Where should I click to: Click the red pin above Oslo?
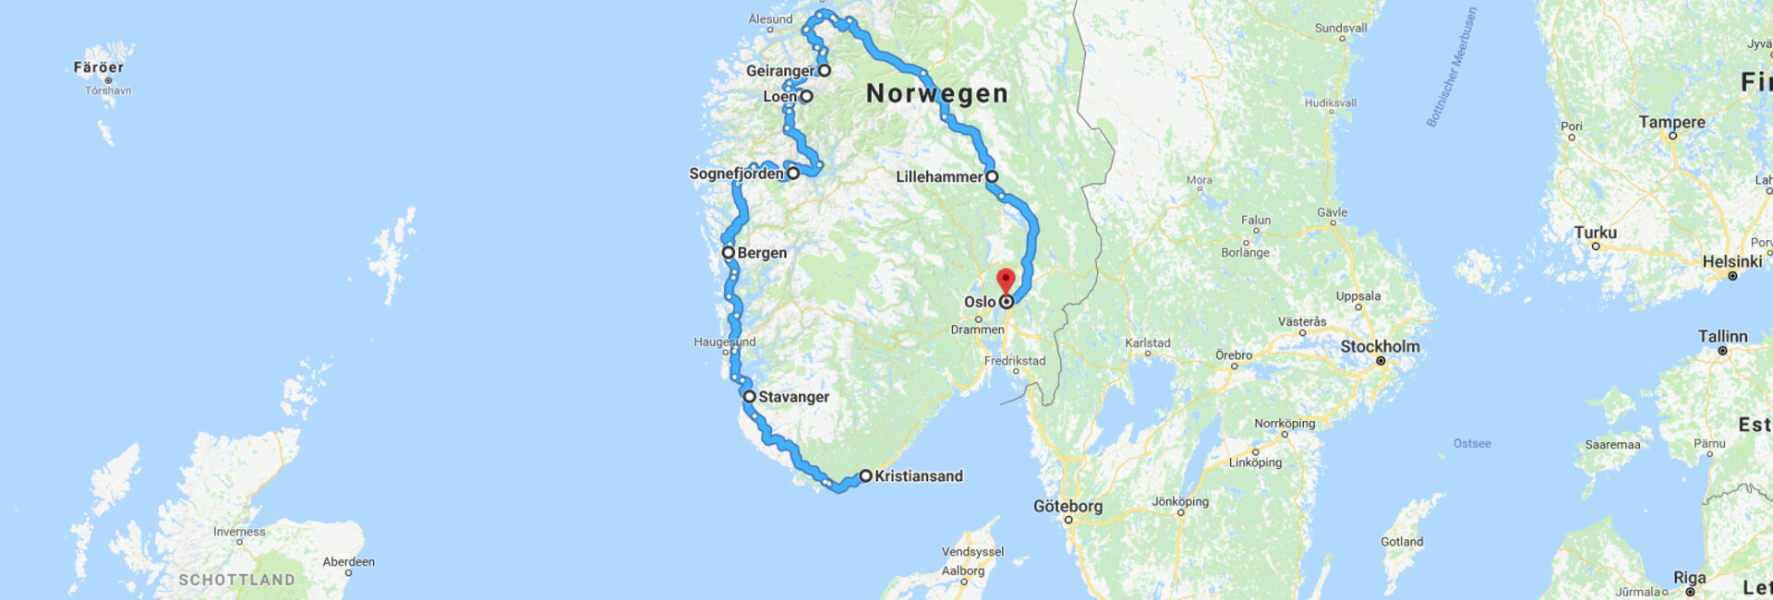[x=1006, y=280]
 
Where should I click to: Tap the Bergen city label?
[x=762, y=253]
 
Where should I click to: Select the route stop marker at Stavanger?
[x=750, y=396]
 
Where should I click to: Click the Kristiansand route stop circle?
[x=865, y=476]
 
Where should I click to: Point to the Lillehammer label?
[x=939, y=176]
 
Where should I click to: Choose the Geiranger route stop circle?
[x=825, y=70]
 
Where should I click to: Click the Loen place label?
[x=779, y=97]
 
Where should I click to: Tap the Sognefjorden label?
[x=736, y=174]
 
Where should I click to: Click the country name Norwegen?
[x=936, y=93]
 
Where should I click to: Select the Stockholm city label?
[x=1380, y=346]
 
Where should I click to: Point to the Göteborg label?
[x=1067, y=506]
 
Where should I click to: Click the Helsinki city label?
[x=1731, y=261]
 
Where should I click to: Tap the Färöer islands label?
[x=99, y=67]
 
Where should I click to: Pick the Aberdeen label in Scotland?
[x=348, y=561]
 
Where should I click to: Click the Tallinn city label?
[x=1722, y=336]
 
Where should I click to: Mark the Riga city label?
[x=1689, y=578]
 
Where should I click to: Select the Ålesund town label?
[x=770, y=18]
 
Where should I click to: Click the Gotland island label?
[x=1402, y=542]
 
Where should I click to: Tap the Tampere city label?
[x=1671, y=122]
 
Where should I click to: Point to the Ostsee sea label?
[x=1472, y=444]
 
